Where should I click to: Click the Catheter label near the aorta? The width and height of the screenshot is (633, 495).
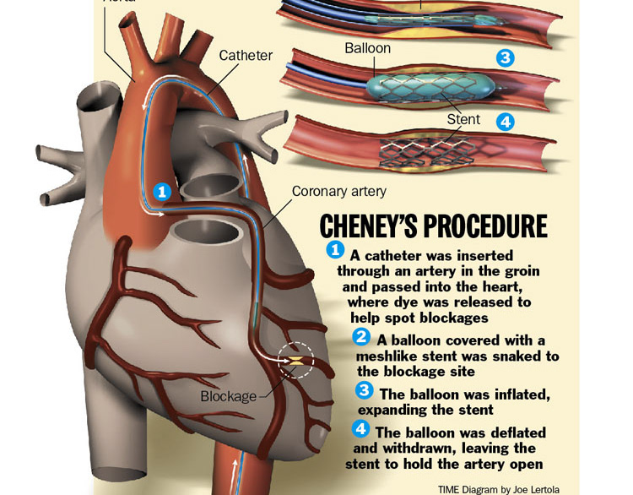tap(246, 56)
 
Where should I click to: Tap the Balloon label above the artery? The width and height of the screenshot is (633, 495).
tap(367, 48)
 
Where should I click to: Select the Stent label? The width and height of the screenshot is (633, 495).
tap(463, 120)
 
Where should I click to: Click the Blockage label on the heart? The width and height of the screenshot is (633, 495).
tap(228, 396)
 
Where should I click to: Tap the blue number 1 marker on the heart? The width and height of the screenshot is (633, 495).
tap(163, 192)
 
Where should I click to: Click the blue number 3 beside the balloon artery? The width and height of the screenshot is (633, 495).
tap(505, 58)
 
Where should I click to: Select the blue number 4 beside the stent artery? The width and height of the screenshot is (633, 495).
tap(505, 122)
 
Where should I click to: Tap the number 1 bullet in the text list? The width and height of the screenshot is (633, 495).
tap(335, 249)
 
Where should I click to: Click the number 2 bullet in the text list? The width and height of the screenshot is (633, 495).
tap(361, 337)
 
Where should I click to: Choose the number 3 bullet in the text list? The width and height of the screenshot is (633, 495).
tap(365, 390)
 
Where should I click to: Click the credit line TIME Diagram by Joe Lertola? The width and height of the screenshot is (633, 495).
tap(498, 488)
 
